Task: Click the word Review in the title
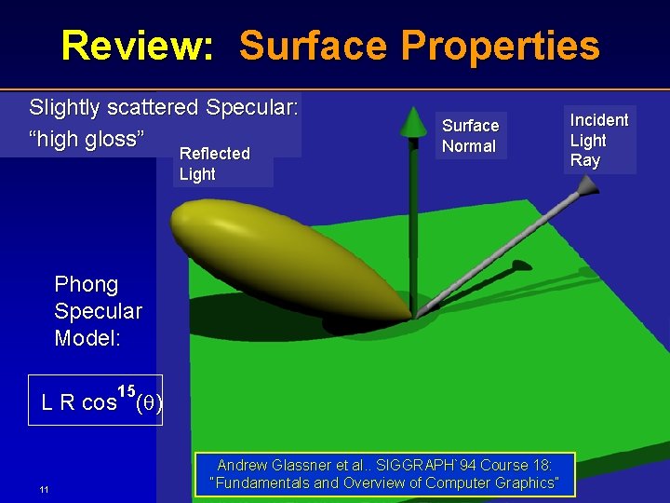tap(136, 45)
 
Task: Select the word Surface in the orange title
tap(311, 45)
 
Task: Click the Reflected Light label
tap(214, 164)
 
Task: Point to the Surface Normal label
tap(470, 136)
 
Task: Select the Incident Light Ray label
tap(598, 140)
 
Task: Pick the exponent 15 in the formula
tap(127, 389)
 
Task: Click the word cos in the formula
tap(99, 403)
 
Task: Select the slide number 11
tap(44, 490)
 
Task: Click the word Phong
tap(87, 284)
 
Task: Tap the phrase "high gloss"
tap(87, 140)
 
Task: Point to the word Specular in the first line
tap(251, 108)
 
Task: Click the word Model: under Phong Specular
tap(87, 338)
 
